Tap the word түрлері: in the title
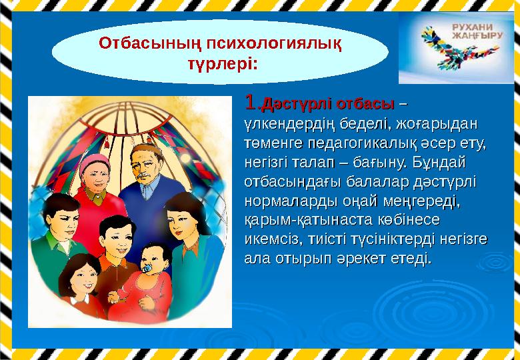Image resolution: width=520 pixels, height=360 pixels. [219, 64]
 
